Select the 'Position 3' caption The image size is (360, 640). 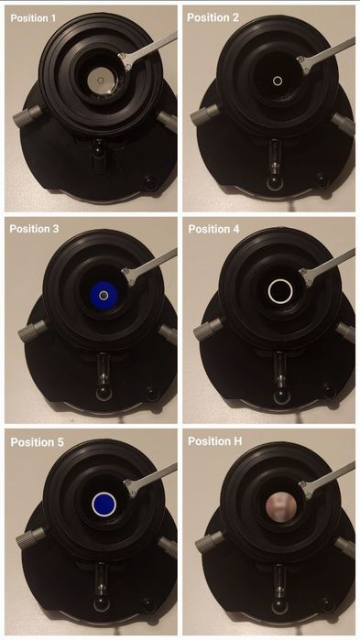(x=34, y=229)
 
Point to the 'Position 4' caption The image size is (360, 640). (x=213, y=229)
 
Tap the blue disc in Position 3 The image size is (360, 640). (x=104, y=295)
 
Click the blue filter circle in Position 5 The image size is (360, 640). (x=104, y=504)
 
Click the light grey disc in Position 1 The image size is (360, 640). (x=101, y=81)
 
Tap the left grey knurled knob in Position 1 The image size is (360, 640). (x=27, y=115)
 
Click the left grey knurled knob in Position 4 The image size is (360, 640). (x=209, y=330)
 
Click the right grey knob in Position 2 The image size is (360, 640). (x=343, y=124)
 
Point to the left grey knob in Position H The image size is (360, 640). (x=210, y=542)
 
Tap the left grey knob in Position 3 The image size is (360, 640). (x=33, y=331)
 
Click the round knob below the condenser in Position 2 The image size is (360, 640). (x=275, y=182)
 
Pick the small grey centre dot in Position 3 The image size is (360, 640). (x=104, y=295)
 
